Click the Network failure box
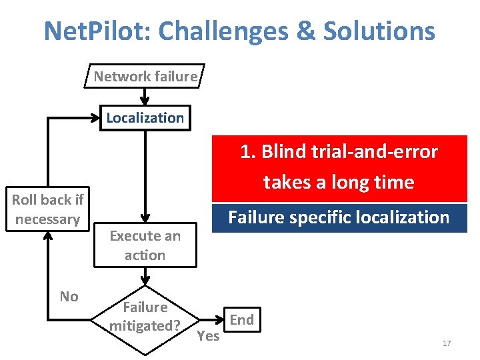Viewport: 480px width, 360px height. click(x=145, y=77)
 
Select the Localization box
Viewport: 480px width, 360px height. click(x=145, y=118)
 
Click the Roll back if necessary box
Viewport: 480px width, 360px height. click(x=47, y=209)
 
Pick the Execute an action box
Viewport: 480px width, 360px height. click(x=145, y=245)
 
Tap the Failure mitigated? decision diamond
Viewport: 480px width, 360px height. click(x=145, y=316)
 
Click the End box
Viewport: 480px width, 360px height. click(x=241, y=319)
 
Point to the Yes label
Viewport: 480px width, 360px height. click(x=208, y=336)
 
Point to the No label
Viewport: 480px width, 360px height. click(x=69, y=296)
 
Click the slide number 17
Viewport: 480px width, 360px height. click(x=447, y=343)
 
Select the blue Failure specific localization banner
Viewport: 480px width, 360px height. click(x=339, y=217)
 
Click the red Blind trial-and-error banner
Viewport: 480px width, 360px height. click(x=339, y=167)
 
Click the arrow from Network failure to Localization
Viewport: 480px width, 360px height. click(x=145, y=97)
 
